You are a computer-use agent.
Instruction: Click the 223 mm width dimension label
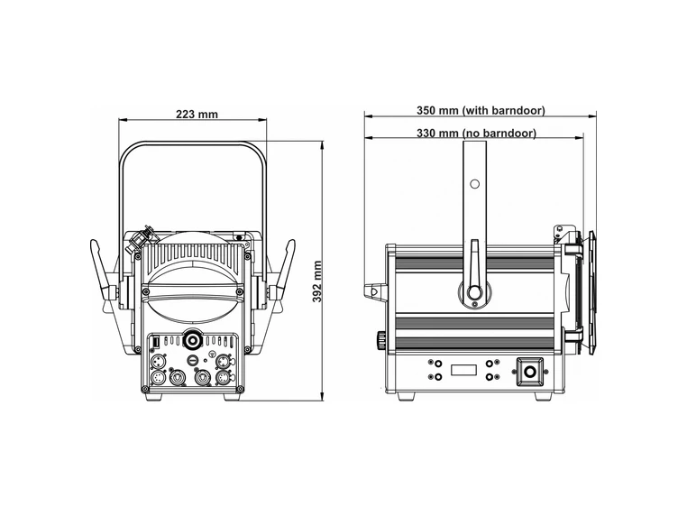[x=197, y=114]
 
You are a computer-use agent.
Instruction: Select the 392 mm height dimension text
[x=316, y=281]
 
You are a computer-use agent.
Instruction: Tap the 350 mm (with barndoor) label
[x=480, y=110]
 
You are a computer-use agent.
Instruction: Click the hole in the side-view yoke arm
[x=474, y=184]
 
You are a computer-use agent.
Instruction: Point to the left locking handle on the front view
[x=103, y=271]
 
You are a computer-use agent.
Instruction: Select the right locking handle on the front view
[x=284, y=271]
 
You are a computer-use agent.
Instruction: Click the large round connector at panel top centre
[x=192, y=341]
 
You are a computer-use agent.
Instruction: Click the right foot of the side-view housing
[x=540, y=395]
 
